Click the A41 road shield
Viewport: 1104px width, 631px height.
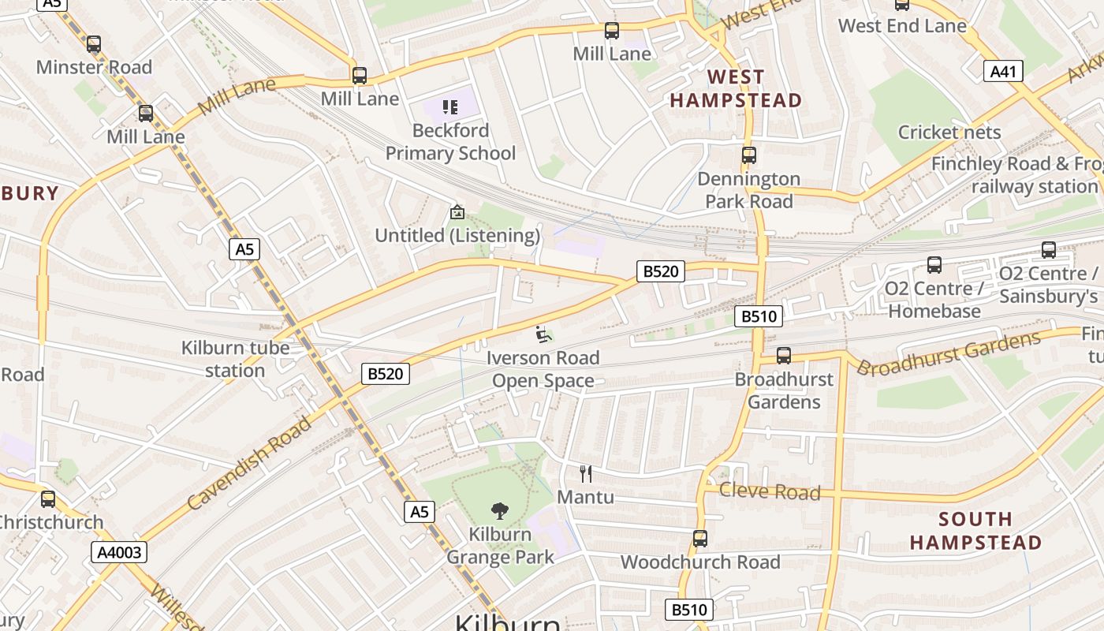click(x=1003, y=72)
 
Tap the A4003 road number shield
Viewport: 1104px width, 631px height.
click(x=120, y=552)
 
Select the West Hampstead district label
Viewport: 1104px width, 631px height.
click(x=736, y=88)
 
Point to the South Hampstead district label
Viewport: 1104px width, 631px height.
click(x=975, y=531)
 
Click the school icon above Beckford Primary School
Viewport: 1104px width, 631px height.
click(x=450, y=107)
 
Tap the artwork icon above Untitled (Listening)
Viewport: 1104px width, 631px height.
click(x=457, y=212)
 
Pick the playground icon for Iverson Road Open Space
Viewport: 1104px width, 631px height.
click(x=543, y=334)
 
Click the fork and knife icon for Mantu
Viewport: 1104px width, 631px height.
click(x=585, y=474)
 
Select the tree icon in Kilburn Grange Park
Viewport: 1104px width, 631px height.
click(x=499, y=511)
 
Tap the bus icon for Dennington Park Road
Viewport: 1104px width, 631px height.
click(x=748, y=155)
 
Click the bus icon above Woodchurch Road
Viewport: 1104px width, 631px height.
click(x=699, y=539)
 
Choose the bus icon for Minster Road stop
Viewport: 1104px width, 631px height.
click(x=94, y=44)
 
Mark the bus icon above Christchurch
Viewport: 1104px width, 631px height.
click(x=48, y=498)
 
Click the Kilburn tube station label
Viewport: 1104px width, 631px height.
click(x=235, y=359)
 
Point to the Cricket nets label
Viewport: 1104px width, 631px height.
click(x=949, y=132)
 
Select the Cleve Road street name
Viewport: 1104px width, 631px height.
click(x=770, y=491)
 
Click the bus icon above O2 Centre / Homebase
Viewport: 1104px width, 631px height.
click(x=934, y=265)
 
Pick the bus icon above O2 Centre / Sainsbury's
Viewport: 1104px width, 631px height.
click(x=1048, y=250)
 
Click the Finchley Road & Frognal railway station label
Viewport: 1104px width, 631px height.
click(x=1017, y=175)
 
